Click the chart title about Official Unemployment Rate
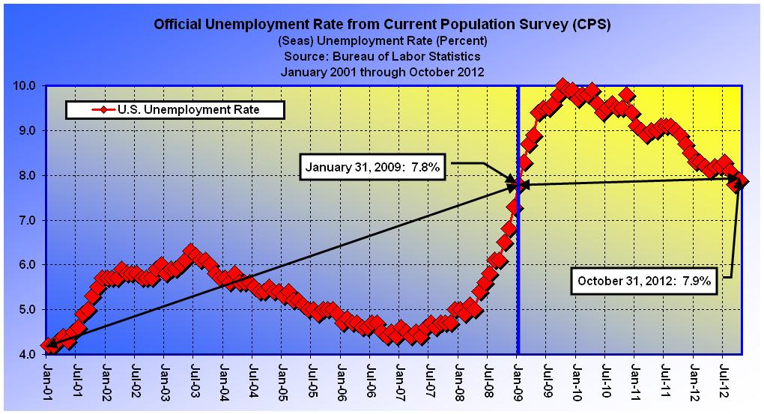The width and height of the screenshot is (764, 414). tap(382, 24)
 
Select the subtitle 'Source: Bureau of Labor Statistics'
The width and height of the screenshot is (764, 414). tap(382, 56)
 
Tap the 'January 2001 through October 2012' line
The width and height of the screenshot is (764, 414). tap(382, 72)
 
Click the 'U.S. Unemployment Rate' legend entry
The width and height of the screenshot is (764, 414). tap(175, 110)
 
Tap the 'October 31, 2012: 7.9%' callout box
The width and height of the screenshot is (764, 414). tap(643, 282)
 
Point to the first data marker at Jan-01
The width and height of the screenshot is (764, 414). tap(49, 345)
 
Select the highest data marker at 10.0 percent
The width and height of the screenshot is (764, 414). tap(563, 85)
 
